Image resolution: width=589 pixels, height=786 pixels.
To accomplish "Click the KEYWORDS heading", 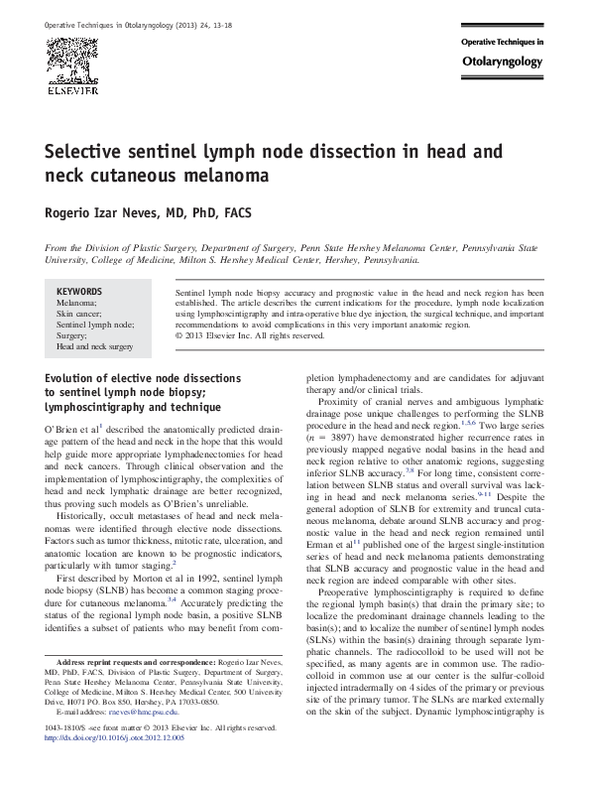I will click(78, 292).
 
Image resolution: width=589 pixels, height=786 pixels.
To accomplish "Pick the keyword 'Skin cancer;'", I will click(78, 314).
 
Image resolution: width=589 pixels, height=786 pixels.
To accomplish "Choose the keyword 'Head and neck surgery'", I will click(94, 347).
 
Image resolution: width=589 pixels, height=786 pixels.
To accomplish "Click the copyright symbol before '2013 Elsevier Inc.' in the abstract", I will click(178, 335).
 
